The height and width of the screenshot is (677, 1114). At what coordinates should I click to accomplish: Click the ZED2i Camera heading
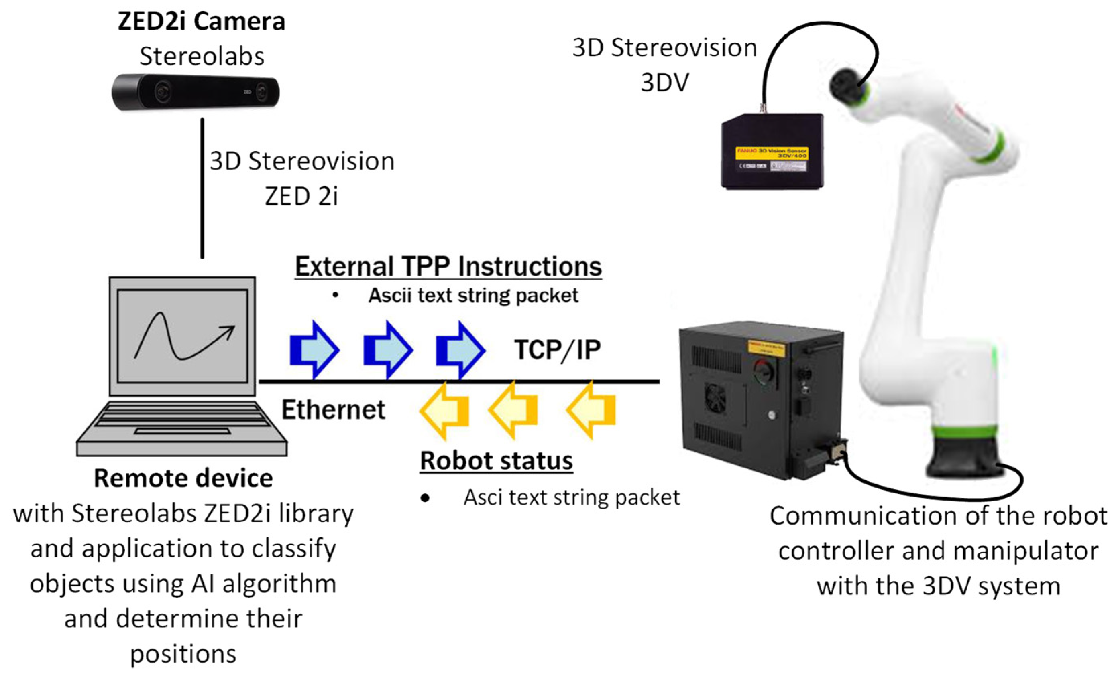click(202, 21)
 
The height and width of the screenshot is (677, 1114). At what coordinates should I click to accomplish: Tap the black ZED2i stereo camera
click(196, 93)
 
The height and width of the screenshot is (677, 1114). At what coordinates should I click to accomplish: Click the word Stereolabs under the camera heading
click(202, 57)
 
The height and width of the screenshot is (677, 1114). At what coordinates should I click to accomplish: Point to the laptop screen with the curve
click(183, 336)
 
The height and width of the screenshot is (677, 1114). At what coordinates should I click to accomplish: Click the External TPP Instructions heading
click(448, 266)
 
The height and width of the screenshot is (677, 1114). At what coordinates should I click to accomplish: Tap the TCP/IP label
click(558, 350)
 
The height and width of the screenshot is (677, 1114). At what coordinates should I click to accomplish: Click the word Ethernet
click(333, 410)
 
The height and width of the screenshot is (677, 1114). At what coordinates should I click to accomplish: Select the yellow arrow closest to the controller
click(591, 410)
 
